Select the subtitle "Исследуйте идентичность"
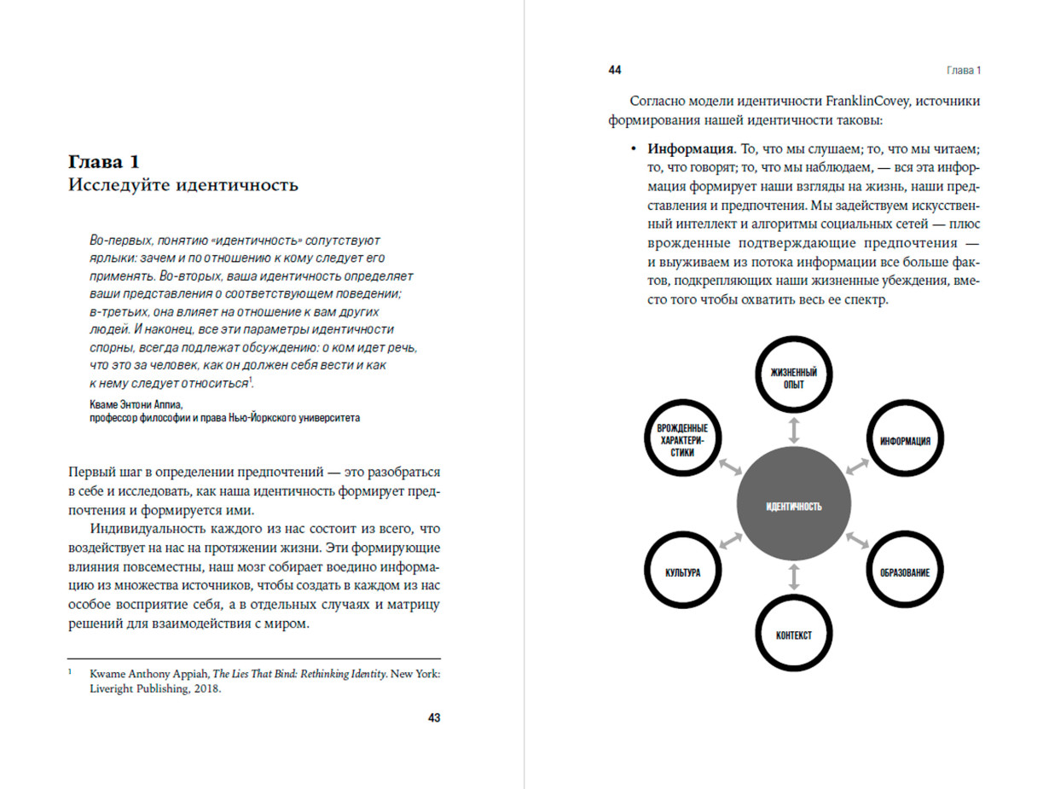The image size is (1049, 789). tap(183, 184)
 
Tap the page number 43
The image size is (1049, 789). tap(433, 718)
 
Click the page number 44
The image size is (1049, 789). tap(615, 70)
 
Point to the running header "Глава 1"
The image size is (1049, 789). tap(964, 70)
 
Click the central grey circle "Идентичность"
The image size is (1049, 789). tap(794, 506)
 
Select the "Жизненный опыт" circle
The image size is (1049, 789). tap(794, 378)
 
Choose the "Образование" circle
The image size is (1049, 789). tap(905, 571)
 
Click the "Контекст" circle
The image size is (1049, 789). tap(794, 635)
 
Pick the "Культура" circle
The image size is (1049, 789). tap(683, 571)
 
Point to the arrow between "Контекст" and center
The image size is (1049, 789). tap(794, 578)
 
